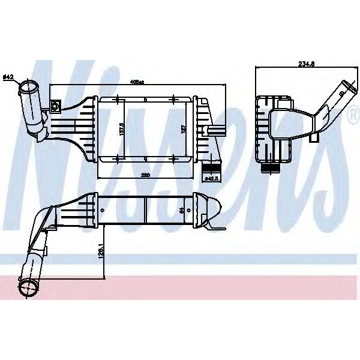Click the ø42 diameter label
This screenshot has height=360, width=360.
(9, 77)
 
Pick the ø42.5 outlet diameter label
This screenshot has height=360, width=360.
(211, 178)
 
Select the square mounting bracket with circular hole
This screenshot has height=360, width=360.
(56, 107)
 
